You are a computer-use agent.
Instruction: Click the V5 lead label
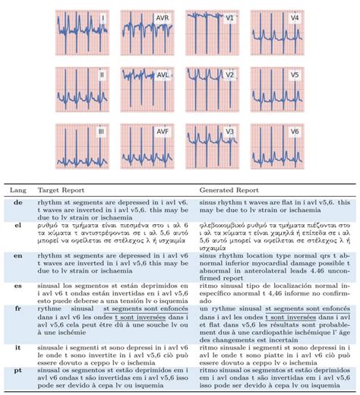291,76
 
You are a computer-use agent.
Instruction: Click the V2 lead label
229,75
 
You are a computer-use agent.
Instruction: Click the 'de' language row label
11,204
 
